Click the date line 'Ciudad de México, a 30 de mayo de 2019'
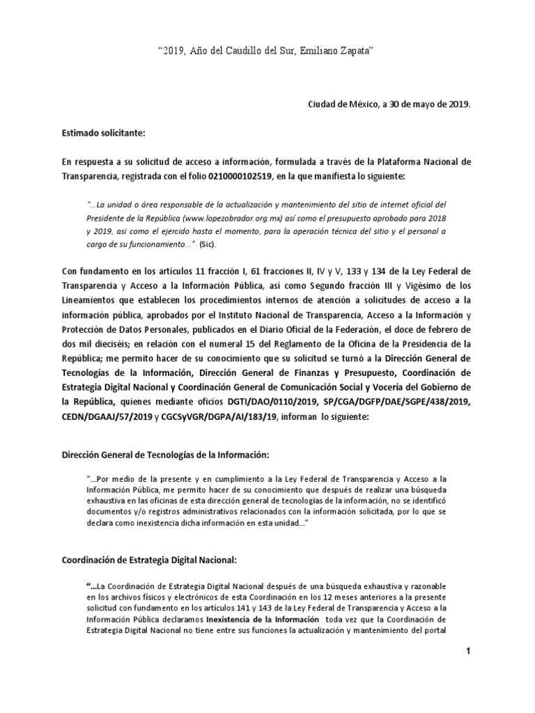pos(389,104)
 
